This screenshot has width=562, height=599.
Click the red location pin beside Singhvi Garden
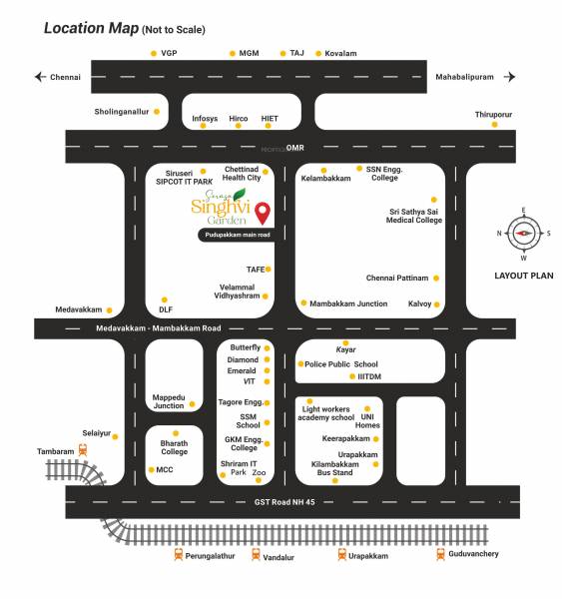tap(263, 213)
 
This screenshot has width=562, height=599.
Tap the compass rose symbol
tap(523, 234)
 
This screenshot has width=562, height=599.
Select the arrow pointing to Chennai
tap(41, 77)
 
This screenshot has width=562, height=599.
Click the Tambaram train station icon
tap(83, 451)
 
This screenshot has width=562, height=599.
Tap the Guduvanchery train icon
tap(440, 554)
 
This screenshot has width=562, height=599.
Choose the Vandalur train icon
tap(255, 555)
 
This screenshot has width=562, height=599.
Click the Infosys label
tap(205, 119)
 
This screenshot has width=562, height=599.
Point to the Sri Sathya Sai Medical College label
tap(414, 216)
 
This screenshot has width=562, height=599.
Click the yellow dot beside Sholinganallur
tap(157, 112)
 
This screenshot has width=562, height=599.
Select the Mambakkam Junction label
tap(348, 302)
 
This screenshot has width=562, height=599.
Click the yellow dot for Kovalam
tap(318, 53)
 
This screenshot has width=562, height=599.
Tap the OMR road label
tap(294, 148)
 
